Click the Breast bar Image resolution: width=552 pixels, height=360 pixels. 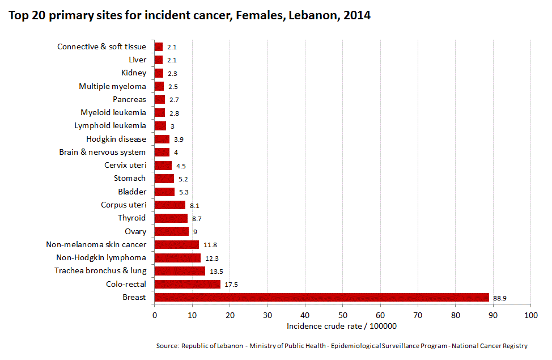[321, 297]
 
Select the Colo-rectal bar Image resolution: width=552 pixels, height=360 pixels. [188, 284]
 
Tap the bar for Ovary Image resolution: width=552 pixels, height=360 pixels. [171, 231]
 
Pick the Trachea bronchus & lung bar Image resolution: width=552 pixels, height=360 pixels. [180, 271]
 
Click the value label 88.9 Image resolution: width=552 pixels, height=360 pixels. [500, 298]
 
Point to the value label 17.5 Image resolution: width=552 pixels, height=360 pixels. [231, 285]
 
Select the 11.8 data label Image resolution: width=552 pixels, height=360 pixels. [210, 245]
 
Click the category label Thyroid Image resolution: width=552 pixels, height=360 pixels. [131, 218]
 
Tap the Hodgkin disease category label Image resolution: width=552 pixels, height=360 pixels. [116, 139]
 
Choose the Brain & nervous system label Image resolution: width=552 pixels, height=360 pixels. [102, 152]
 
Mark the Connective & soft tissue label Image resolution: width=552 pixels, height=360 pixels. [101, 46]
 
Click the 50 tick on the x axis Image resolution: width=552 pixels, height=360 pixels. [342, 315]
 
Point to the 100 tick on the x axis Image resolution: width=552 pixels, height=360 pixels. [530, 315]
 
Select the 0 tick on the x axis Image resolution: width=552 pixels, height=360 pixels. [154, 315]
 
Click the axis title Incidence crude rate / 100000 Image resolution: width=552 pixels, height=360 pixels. [341, 326]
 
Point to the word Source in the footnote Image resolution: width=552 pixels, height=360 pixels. [167, 346]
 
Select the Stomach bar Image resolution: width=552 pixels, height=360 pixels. [164, 179]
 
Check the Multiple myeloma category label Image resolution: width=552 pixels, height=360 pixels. [112, 86]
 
